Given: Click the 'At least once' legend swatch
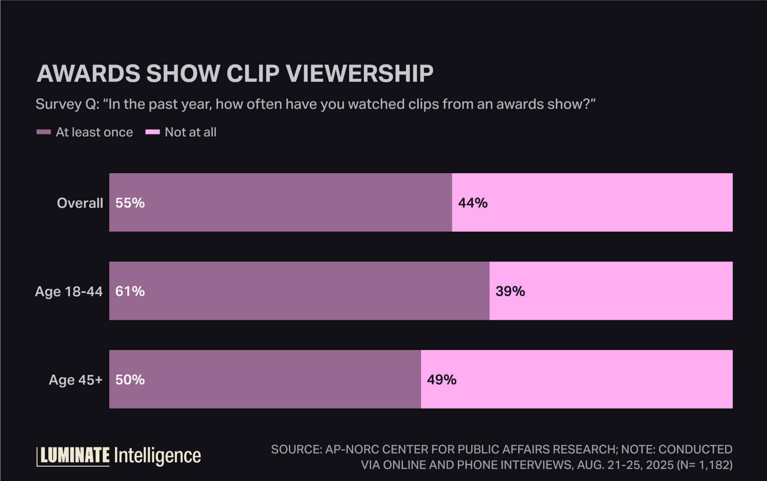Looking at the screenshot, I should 43,132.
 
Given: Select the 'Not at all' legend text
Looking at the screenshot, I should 190,132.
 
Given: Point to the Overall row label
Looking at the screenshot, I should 80,203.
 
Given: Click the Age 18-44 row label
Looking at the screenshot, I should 69,291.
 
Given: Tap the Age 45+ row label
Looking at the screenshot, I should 75,380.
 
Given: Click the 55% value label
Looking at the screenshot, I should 130,203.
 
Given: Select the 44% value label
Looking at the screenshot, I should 473,203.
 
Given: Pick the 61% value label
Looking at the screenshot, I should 130,291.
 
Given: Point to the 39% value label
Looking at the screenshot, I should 510,291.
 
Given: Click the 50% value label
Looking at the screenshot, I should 130,380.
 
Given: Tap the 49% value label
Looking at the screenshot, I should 442,380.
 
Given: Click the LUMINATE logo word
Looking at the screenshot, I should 75,456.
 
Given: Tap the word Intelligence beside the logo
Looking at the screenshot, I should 157,456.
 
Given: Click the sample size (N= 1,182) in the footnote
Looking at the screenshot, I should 704,465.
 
